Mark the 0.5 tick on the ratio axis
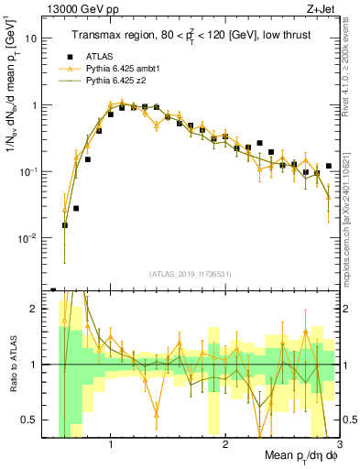click(x=37, y=420)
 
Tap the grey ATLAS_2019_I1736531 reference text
click(x=191, y=274)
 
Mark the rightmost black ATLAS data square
click(x=328, y=166)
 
